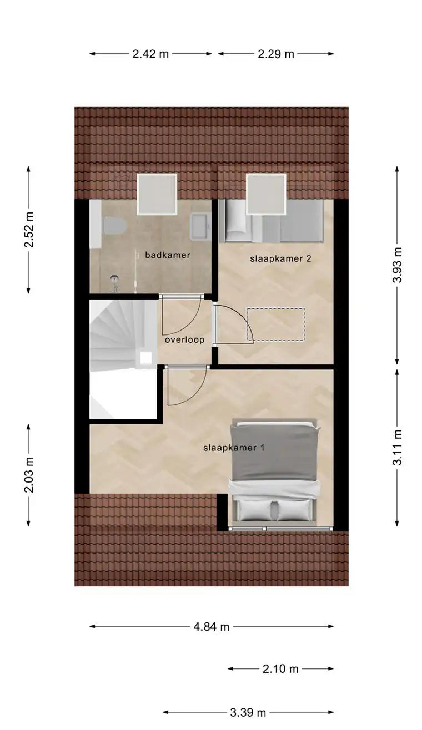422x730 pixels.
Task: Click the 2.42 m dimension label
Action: (150, 54)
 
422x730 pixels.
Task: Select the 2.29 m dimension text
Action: (275, 54)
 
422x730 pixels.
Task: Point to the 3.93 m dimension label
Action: (396, 263)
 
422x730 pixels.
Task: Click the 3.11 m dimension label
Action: (396, 448)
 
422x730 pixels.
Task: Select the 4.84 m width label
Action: (212, 627)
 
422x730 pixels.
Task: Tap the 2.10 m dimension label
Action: (280, 669)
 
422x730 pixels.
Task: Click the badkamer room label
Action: (168, 255)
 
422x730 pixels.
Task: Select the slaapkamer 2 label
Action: (275, 258)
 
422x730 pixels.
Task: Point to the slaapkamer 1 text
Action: (233, 448)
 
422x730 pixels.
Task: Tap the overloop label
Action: (184, 340)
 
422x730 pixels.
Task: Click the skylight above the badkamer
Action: (157, 194)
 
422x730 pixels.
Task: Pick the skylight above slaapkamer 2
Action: (265, 194)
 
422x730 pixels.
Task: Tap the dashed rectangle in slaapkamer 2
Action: (276, 325)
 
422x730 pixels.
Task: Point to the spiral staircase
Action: (114, 333)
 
